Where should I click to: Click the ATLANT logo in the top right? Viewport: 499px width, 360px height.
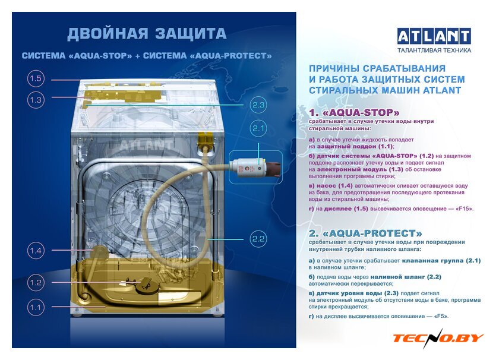(x=434, y=36)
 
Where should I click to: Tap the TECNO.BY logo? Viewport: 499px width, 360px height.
(x=438, y=337)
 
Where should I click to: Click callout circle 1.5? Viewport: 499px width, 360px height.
(x=36, y=78)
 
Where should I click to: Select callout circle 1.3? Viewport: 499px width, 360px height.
(x=36, y=100)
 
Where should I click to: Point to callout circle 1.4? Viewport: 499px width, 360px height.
(x=36, y=251)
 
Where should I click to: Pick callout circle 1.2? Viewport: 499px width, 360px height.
(x=36, y=282)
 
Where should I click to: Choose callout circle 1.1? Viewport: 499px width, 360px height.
(x=36, y=308)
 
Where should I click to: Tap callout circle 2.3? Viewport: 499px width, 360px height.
(x=258, y=105)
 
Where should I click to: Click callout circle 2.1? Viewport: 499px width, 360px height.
(x=258, y=128)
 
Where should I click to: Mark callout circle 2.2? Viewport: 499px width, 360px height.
(x=258, y=239)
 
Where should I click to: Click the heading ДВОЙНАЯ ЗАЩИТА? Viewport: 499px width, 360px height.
(x=147, y=34)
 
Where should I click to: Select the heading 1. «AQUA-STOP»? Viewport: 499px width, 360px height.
(x=354, y=113)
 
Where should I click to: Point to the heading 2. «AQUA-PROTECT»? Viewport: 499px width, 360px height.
(x=365, y=233)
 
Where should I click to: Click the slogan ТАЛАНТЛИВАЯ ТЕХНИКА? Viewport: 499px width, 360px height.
(x=434, y=50)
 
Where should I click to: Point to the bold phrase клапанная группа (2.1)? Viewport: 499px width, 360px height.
(x=441, y=260)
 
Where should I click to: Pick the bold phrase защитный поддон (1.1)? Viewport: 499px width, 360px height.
(x=355, y=146)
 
